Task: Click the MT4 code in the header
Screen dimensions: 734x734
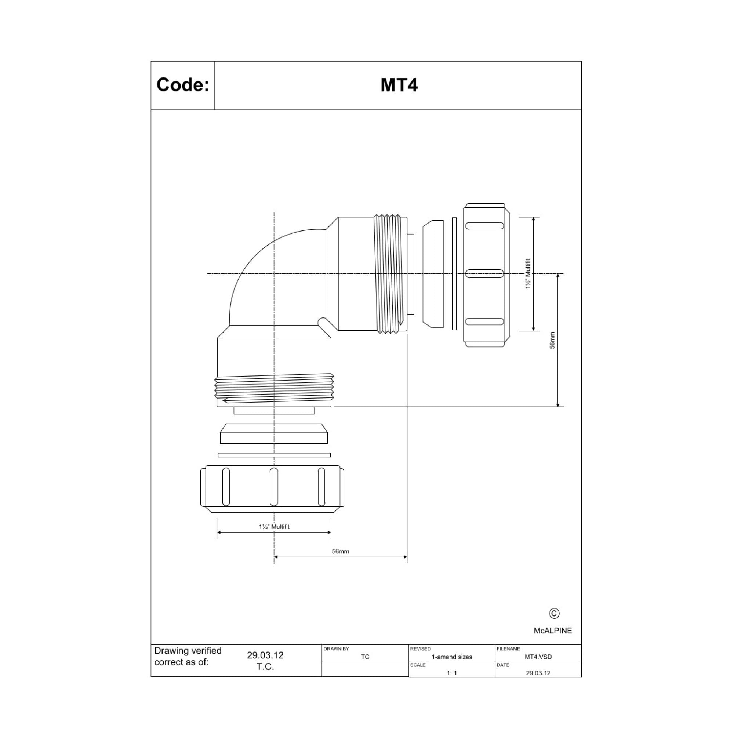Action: (399, 85)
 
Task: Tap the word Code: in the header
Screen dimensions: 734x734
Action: (183, 85)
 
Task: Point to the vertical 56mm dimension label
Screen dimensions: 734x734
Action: (552, 340)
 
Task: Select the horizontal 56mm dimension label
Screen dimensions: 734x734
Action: (341, 551)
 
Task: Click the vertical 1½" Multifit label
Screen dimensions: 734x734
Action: (528, 273)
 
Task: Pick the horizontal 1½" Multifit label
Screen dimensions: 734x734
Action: (274, 527)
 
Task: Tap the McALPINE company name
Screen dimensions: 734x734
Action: (553, 631)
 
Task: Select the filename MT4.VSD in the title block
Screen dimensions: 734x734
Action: (538, 657)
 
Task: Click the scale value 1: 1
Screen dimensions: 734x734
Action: (452, 673)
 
